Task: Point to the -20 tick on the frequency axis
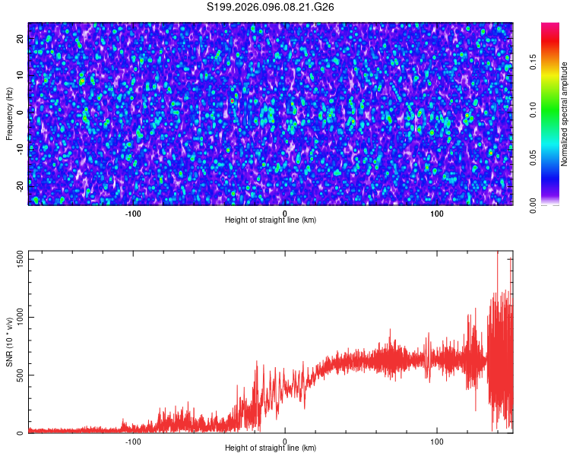coord(21,185)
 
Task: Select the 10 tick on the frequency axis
coord(21,74)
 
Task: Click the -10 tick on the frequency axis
coord(21,149)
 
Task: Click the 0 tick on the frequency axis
coord(21,112)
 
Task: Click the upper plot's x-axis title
coord(271,220)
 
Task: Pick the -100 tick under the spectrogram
coord(133,213)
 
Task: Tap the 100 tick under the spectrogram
coord(437,213)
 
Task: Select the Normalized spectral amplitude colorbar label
coord(565,114)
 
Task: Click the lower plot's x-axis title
coord(271,448)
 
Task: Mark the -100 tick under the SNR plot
coord(133,441)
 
